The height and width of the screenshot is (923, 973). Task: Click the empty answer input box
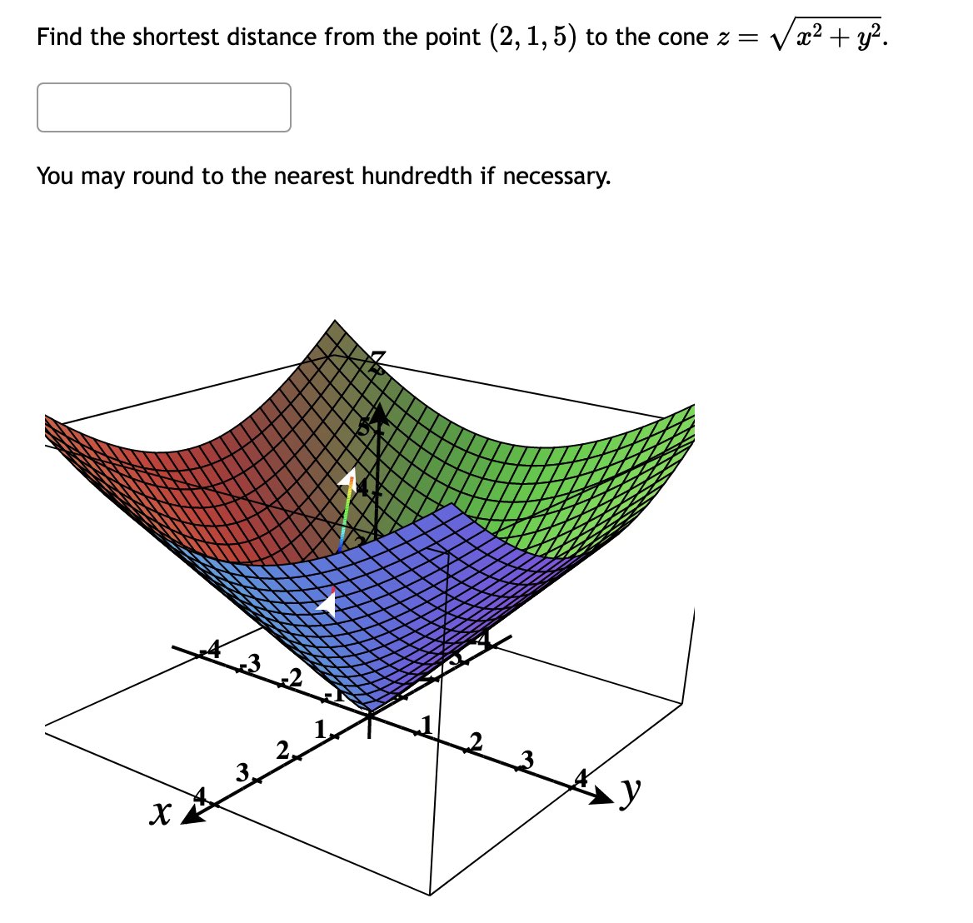(x=164, y=107)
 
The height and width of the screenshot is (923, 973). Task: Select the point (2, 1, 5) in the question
(x=533, y=37)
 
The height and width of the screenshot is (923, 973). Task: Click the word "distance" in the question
(x=274, y=37)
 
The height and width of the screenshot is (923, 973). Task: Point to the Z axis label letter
(x=379, y=362)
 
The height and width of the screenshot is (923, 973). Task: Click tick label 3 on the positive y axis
(x=526, y=758)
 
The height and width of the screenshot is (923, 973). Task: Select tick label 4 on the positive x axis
(x=200, y=796)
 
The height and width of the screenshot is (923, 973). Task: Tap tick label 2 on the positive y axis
(x=476, y=740)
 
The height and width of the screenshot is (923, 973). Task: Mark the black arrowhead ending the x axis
(x=192, y=817)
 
